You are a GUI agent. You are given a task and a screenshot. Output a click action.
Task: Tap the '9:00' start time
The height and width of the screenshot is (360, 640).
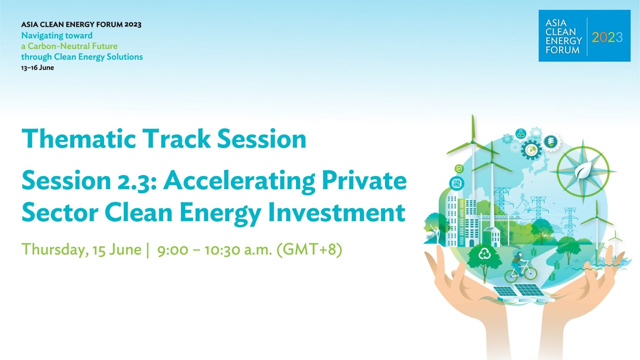(172, 249)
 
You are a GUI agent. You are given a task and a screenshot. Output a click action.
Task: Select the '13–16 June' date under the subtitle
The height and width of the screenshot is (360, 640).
(37, 67)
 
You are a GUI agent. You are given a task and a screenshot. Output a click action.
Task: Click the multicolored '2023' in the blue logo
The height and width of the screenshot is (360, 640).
(607, 37)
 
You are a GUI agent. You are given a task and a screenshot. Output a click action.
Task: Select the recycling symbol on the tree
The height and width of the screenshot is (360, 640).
(484, 254)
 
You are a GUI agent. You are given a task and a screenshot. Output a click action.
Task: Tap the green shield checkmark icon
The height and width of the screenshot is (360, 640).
(458, 169)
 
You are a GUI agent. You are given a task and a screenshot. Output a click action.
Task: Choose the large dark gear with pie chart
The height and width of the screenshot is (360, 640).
(530, 148)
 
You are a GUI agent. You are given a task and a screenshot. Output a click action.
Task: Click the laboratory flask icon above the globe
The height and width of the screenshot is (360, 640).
(520, 133)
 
